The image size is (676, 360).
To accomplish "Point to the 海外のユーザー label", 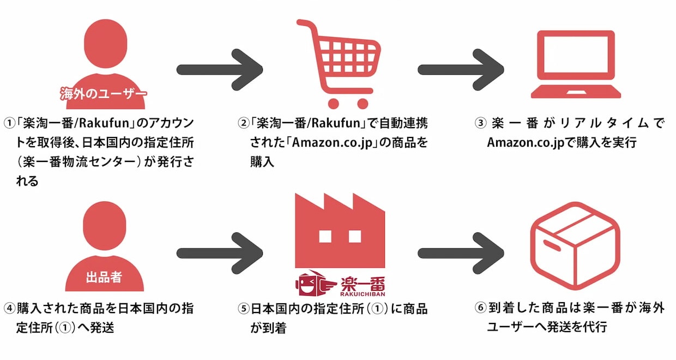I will click(104, 93).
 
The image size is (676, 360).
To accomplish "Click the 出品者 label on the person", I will click(104, 277).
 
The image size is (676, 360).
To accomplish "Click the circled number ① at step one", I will click(9, 122).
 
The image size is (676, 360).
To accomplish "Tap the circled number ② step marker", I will click(243, 122).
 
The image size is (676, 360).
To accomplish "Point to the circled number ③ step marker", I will click(480, 123).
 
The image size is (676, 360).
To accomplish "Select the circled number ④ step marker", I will click(9, 308).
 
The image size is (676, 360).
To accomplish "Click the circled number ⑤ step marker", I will click(243, 309).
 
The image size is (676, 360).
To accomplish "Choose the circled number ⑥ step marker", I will click(480, 308).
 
